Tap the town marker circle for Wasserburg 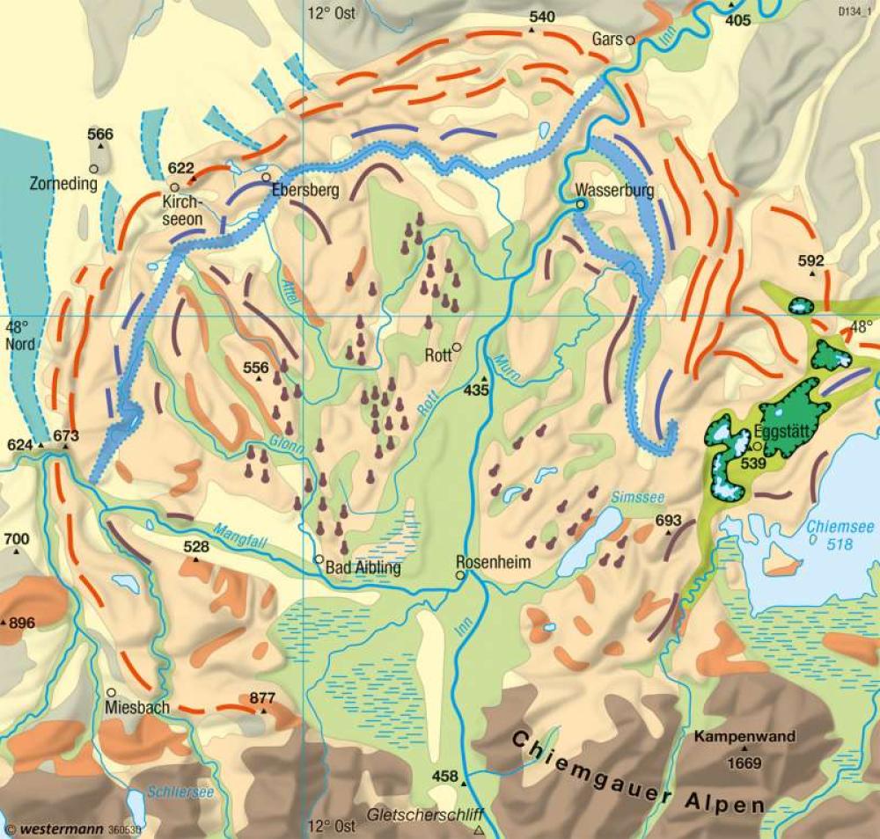(x=581, y=204)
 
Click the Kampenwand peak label (x=744, y=737)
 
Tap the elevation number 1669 (x=744, y=762)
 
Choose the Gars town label (x=607, y=40)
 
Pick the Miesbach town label (x=136, y=706)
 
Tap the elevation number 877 (x=262, y=698)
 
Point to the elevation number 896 (x=22, y=623)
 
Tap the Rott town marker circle (x=457, y=347)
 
